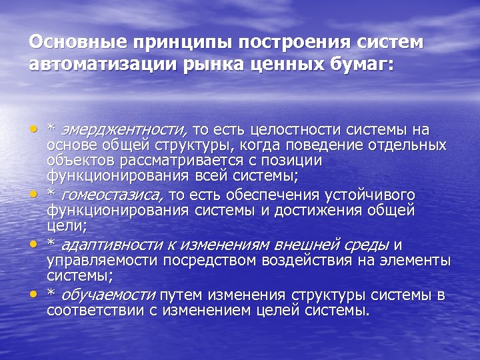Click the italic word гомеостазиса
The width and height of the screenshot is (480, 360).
[x=112, y=195]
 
